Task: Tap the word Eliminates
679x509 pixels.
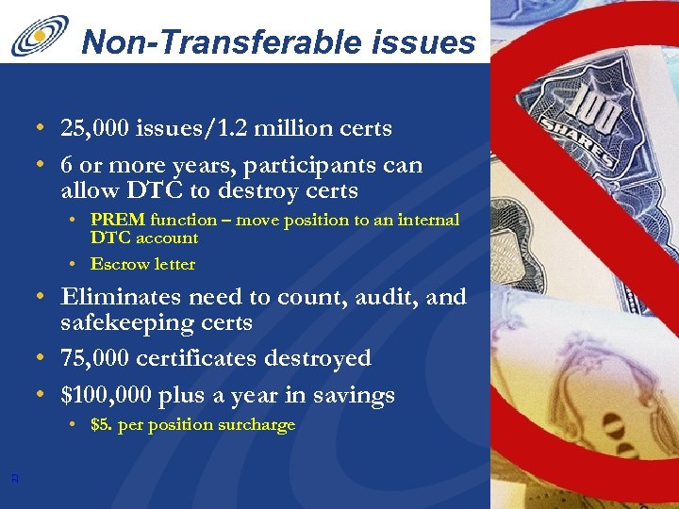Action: (x=122, y=298)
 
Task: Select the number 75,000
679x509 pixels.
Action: (x=99, y=359)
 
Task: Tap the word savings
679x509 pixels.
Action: (x=354, y=396)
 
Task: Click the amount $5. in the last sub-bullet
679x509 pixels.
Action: (x=102, y=425)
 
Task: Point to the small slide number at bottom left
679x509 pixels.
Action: (x=14, y=478)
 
